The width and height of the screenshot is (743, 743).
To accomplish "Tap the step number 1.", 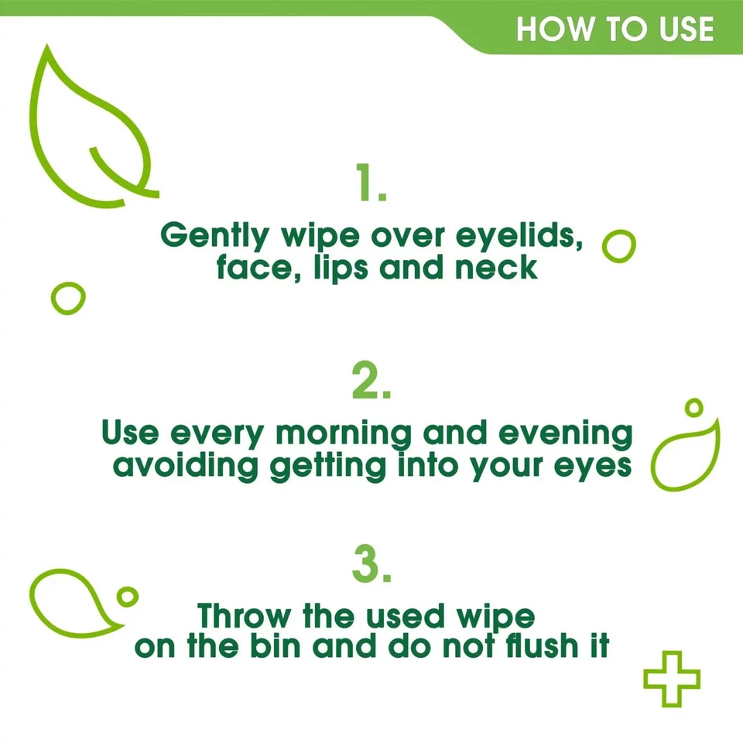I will click(371, 183).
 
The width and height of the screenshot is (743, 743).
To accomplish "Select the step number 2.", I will click(371, 381).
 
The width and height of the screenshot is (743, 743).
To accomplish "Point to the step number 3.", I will click(371, 566).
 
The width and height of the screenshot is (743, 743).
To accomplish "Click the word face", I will click(243, 269).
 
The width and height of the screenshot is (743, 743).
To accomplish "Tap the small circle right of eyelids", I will click(618, 247).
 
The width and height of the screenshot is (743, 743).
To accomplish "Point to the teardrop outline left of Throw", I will click(70, 599).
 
